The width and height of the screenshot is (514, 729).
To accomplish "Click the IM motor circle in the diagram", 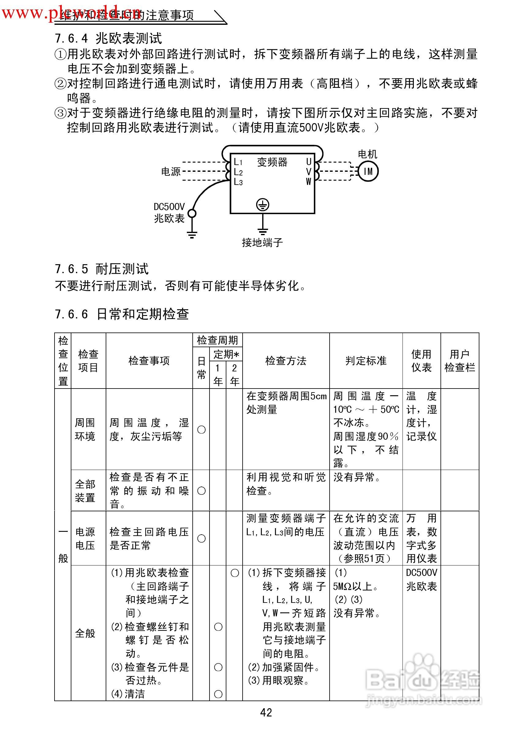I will pyautogui.click(x=368, y=171).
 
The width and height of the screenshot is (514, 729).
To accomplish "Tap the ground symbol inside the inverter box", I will pyautogui.click(x=263, y=205).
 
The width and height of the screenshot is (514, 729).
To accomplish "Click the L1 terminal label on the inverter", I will pyautogui.click(x=238, y=162).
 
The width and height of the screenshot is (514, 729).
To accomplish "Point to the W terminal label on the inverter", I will pyautogui.click(x=308, y=182).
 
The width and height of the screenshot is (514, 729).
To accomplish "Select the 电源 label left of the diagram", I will pyautogui.click(x=171, y=172).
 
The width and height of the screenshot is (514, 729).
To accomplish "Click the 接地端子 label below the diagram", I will pyautogui.click(x=262, y=242).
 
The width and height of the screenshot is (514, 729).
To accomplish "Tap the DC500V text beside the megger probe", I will pyautogui.click(x=169, y=207).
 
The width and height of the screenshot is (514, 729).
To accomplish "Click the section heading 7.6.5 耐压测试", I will pyautogui.click(x=102, y=269).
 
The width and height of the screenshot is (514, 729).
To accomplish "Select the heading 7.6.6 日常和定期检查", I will pyautogui.click(x=122, y=314).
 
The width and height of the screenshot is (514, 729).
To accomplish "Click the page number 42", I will pyautogui.click(x=266, y=712).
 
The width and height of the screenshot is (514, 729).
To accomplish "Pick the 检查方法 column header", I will pyautogui.click(x=286, y=361).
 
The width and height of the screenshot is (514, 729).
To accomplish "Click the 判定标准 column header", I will pyautogui.click(x=366, y=361).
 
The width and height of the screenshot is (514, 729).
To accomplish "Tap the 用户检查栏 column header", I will pyautogui.click(x=460, y=361).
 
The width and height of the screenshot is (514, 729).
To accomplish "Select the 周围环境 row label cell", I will pyautogui.click(x=85, y=429).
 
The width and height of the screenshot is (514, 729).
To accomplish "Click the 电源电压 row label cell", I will pyautogui.click(x=85, y=539).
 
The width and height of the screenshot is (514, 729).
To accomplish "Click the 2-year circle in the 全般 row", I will pyautogui.click(x=234, y=573).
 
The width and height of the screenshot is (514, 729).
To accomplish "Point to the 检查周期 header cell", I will pyautogui.click(x=217, y=340).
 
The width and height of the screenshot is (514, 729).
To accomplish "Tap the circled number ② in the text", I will pyautogui.click(x=60, y=84).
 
